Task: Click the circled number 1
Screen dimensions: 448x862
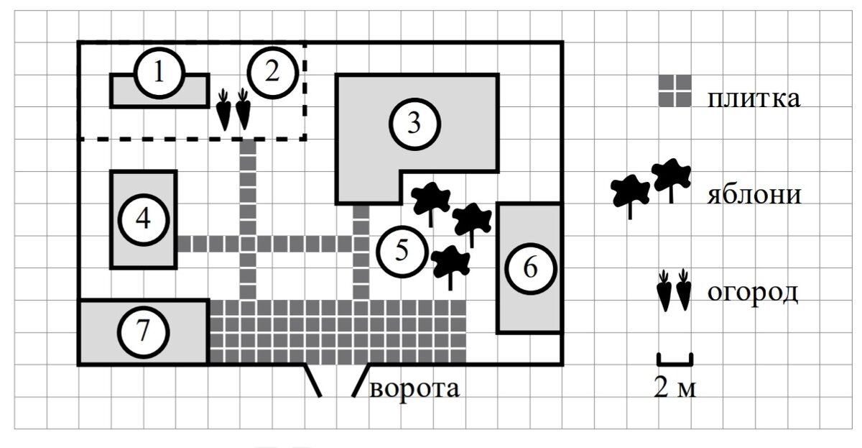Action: [159, 73]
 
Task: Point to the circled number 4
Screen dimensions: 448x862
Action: [143, 219]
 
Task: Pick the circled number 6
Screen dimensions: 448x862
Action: [529, 268]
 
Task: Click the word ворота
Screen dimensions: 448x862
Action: [415, 388]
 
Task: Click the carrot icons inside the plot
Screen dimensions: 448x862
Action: [234, 109]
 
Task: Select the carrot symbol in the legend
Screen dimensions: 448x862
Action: [674, 290]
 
